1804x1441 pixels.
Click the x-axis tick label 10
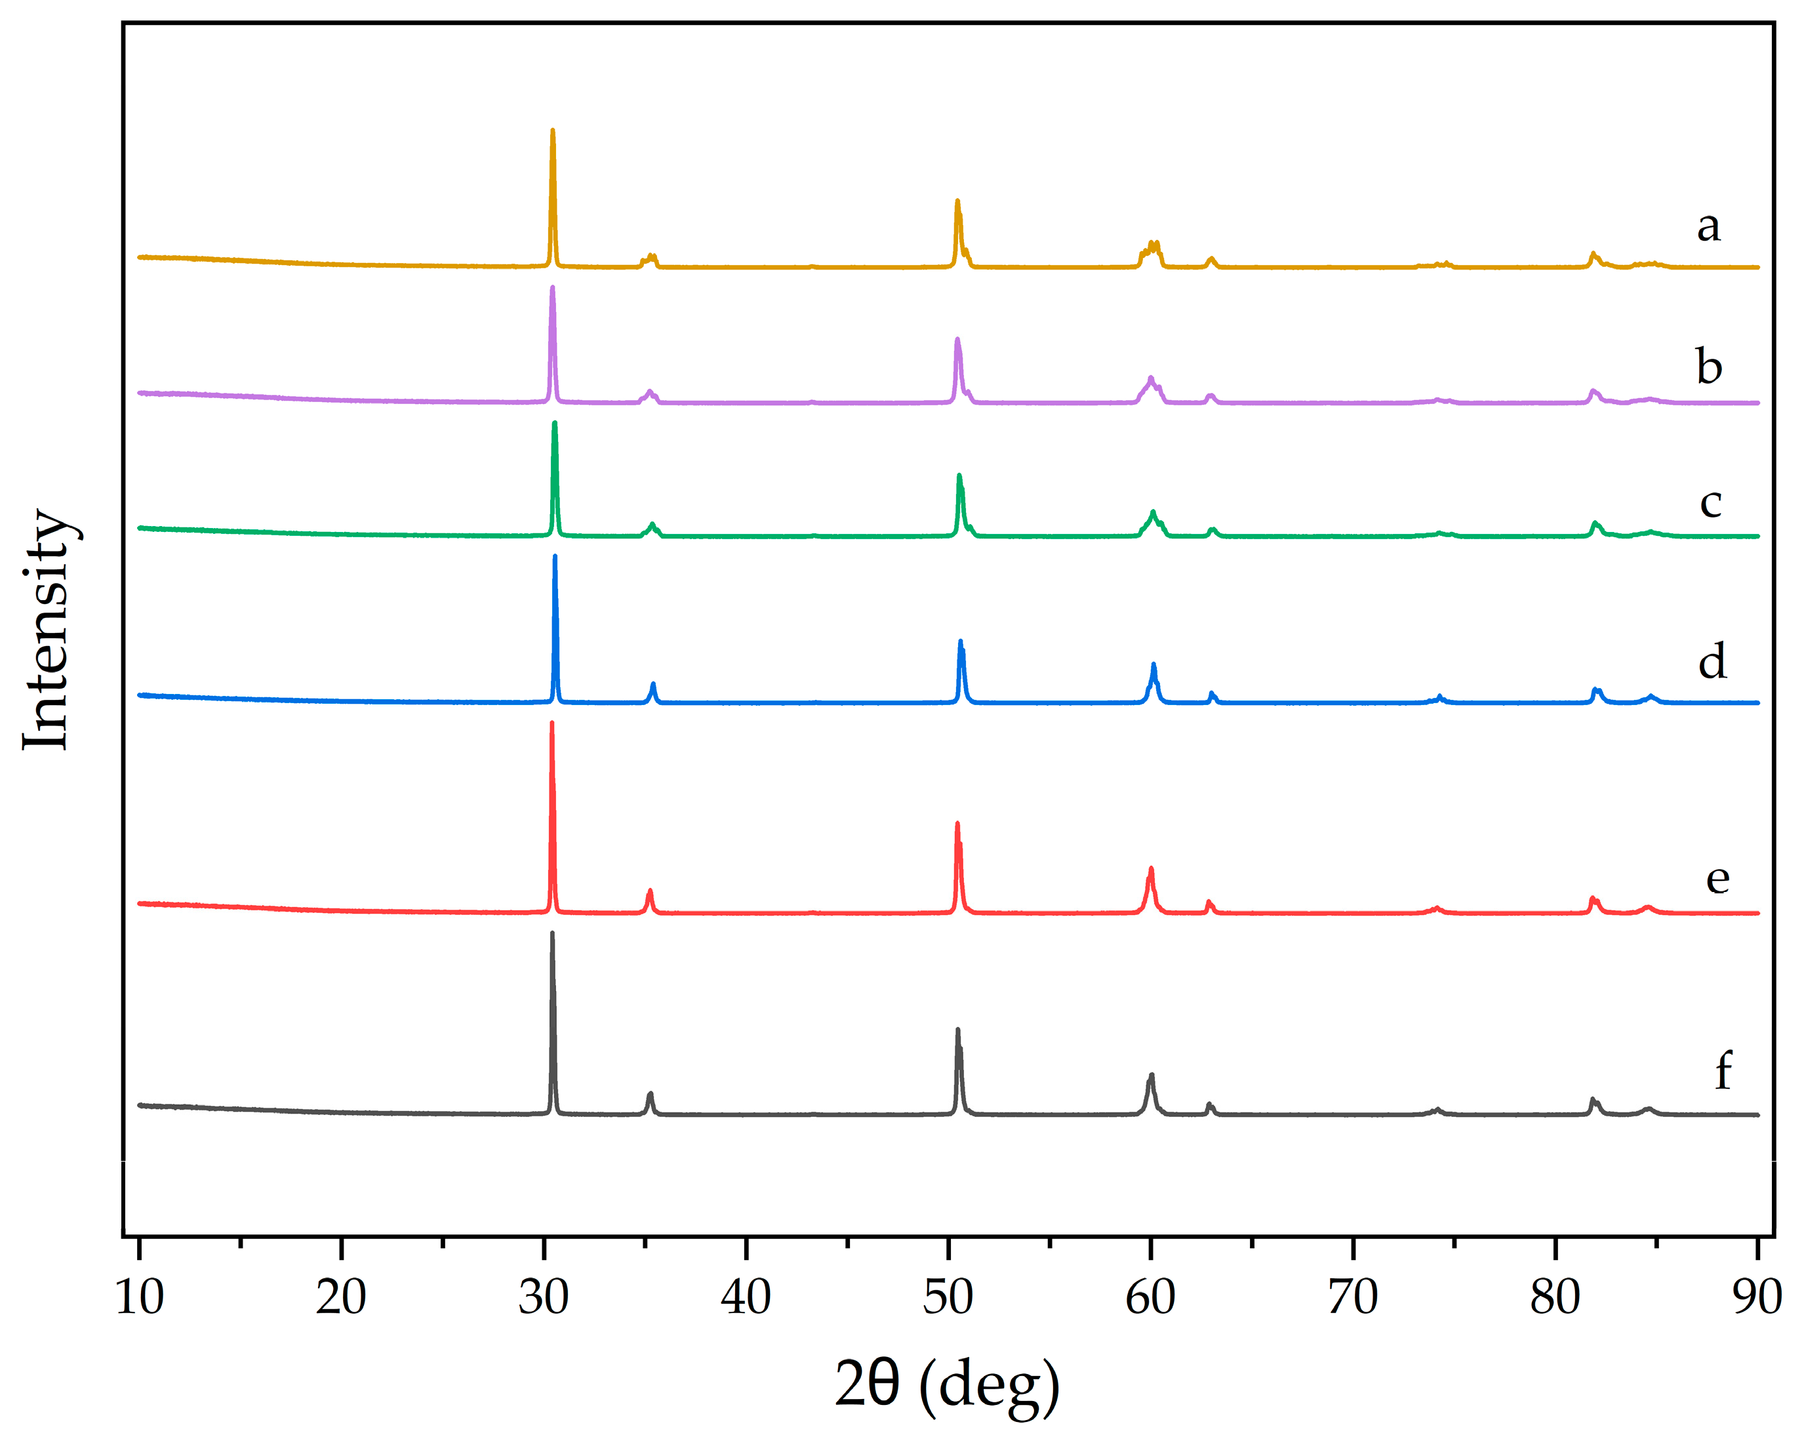click(x=139, y=1298)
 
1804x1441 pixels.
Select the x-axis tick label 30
click(x=543, y=1298)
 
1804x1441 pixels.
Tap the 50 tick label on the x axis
click(x=948, y=1298)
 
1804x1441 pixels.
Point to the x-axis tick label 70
click(x=1353, y=1298)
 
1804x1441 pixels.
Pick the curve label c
click(x=1710, y=502)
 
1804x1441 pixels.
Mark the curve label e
click(x=1717, y=879)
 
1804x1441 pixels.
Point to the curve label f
click(x=1723, y=1071)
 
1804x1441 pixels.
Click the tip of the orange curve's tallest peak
click(x=552, y=131)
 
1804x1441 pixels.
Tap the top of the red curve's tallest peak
click(x=551, y=722)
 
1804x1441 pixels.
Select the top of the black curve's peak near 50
click(x=957, y=1029)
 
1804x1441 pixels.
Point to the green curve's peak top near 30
click(x=555, y=424)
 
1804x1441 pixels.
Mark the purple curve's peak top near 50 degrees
click(x=957, y=339)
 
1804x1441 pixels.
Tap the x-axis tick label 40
click(x=746, y=1298)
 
